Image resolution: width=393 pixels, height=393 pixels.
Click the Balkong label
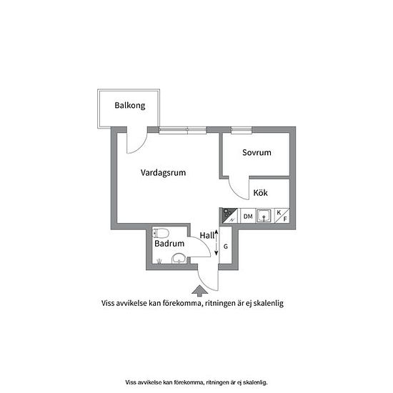pos(130,106)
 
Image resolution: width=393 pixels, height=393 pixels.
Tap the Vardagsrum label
pos(163,173)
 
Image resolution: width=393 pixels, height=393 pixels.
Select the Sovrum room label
pos(257,153)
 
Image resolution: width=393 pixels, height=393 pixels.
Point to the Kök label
pos(260,192)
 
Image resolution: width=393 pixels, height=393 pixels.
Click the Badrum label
pos(169,244)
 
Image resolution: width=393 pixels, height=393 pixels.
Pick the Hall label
pos(207,235)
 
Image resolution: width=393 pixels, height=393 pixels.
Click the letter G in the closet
pos(226,247)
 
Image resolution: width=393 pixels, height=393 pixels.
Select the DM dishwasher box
pos(248,216)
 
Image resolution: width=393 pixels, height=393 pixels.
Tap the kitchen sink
pos(264,216)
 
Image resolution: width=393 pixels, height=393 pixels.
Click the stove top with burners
pos(229,216)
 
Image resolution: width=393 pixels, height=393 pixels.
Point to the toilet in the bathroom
pos(160,233)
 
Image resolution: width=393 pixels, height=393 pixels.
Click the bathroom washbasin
pos(179,259)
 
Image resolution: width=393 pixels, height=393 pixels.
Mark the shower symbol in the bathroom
pos(159,261)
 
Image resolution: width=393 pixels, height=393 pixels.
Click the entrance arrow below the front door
pos(200,291)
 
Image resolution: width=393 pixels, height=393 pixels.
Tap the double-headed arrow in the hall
pos(217,243)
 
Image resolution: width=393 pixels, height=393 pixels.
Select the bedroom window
pos(242,130)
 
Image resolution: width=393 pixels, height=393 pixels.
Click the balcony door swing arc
pos(140,147)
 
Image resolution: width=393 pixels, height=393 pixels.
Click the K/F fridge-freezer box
pos(282,216)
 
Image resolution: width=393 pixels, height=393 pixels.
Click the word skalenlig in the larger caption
pos(269,303)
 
